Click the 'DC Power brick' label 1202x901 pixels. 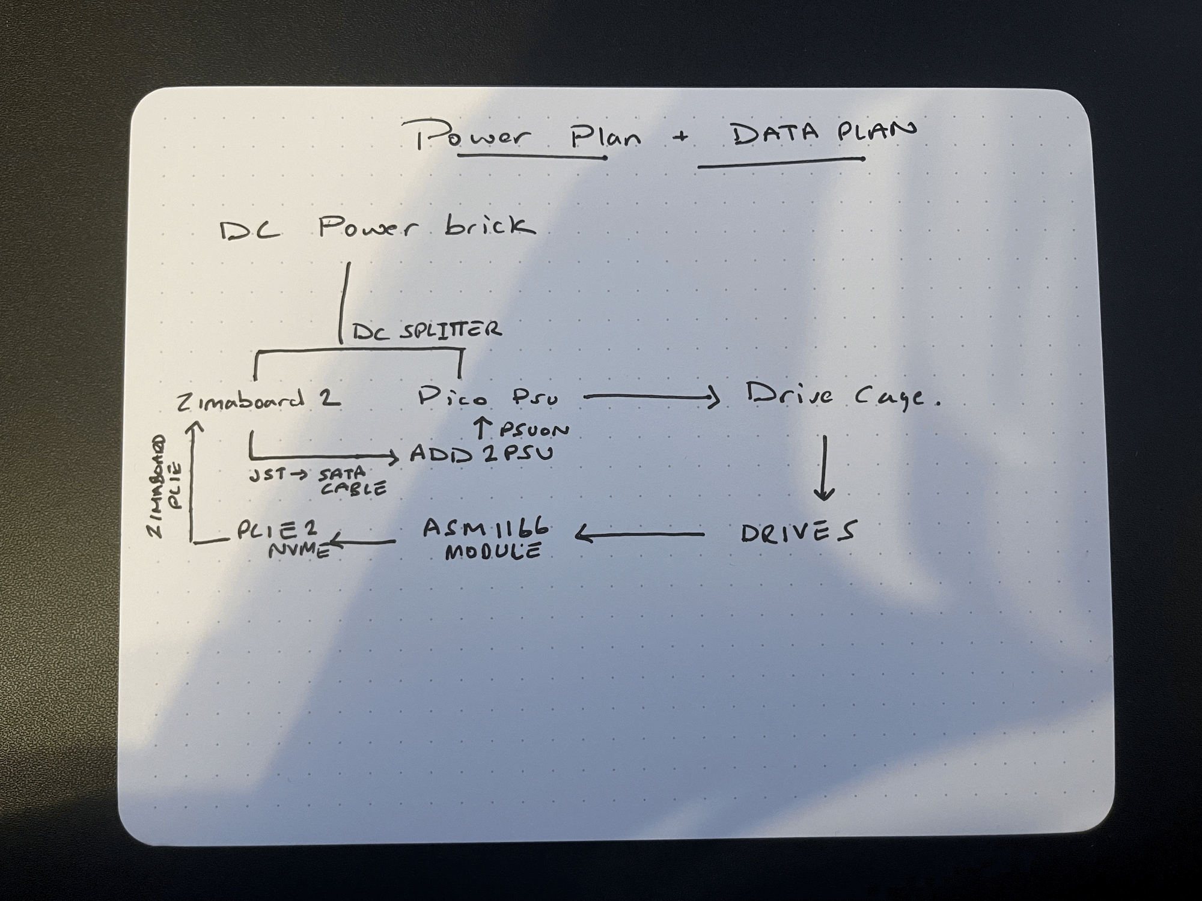coord(377,229)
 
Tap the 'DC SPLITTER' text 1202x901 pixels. coord(426,330)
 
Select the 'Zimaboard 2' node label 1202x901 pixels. coord(259,400)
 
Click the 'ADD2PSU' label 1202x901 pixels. coord(481,454)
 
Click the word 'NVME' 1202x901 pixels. coord(299,550)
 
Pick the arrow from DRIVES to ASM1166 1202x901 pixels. coord(640,533)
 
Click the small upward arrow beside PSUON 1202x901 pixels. coord(481,428)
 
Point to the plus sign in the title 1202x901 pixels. coord(681,137)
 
